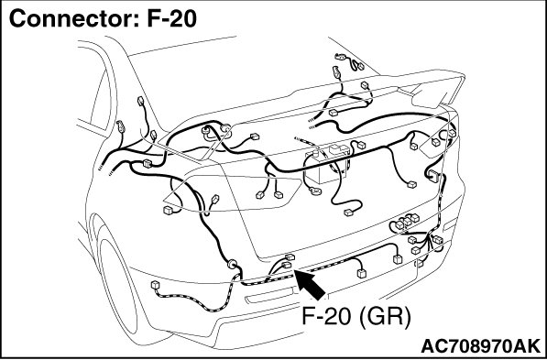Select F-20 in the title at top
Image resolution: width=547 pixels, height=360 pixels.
171,18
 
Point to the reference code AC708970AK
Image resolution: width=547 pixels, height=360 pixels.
481,346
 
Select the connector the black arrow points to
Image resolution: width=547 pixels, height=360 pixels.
287,265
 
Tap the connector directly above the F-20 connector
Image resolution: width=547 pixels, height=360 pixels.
290,257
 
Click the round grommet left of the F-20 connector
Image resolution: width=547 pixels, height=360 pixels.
232,264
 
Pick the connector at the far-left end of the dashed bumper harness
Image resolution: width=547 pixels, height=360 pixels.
155,285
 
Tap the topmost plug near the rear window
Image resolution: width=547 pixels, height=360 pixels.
341,57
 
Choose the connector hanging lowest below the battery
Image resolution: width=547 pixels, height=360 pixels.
348,213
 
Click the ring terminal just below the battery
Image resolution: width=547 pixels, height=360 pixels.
316,191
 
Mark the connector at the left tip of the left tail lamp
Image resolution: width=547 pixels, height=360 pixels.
169,210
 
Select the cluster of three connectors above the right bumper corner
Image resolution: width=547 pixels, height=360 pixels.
407,221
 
